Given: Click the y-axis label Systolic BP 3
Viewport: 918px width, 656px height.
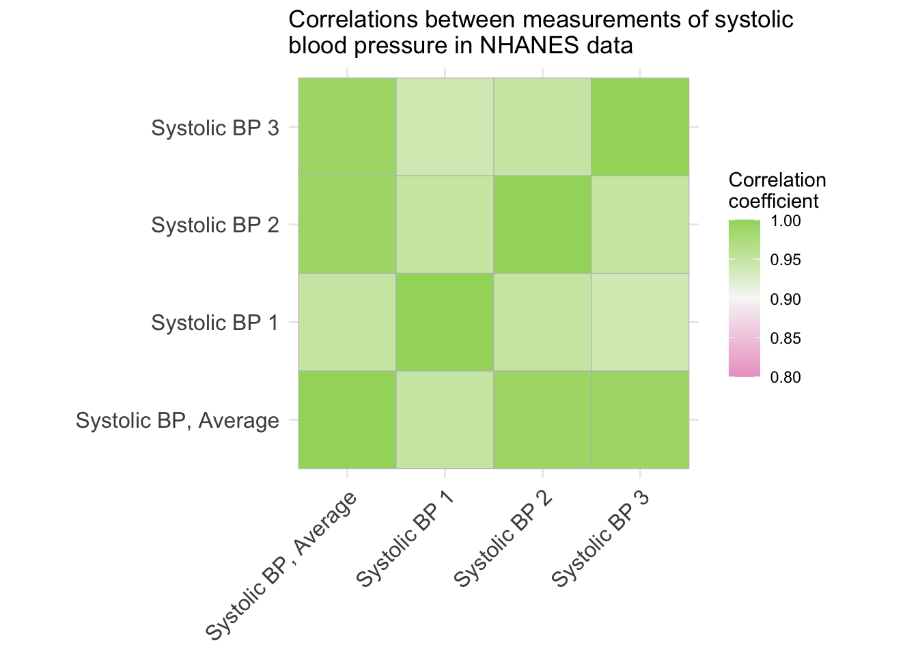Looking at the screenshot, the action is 215,128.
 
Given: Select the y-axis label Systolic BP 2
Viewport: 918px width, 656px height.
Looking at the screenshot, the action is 215,225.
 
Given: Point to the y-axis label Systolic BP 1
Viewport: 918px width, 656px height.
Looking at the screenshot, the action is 215,323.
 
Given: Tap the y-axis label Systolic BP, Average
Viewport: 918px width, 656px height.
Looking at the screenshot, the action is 178,421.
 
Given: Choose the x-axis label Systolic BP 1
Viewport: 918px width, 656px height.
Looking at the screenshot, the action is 405,540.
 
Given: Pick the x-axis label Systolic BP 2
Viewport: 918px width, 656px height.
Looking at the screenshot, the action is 503,540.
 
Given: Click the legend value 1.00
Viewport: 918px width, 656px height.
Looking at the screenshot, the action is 785,221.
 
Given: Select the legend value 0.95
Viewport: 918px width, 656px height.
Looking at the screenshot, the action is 785,260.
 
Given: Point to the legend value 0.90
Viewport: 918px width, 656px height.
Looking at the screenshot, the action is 785,299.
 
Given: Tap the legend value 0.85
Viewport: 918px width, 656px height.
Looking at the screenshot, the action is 785,338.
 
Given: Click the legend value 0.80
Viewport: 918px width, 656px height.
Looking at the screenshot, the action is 785,377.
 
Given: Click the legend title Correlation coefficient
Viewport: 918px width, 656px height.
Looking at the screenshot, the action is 777,191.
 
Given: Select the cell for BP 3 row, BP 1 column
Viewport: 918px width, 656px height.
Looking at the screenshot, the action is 445,126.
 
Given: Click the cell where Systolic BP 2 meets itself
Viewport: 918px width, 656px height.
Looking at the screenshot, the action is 542,224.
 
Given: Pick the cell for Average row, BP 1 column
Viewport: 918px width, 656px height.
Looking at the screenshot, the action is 445,420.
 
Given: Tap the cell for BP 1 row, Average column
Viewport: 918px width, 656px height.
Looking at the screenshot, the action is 347,322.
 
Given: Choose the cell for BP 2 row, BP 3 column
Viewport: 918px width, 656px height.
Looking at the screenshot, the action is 640,224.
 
